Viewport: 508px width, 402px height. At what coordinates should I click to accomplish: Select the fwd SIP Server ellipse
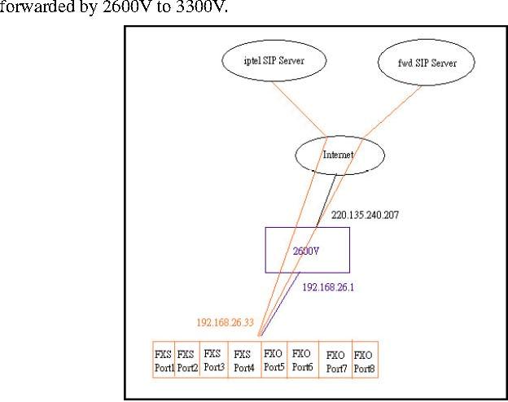coord(427,63)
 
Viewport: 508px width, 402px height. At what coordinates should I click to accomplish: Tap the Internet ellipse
coord(339,154)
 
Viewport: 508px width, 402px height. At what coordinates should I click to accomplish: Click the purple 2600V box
coord(308,250)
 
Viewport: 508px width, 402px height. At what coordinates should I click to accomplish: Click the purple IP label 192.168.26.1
coord(327,288)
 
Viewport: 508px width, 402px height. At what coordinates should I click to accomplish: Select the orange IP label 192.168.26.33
coord(225,322)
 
